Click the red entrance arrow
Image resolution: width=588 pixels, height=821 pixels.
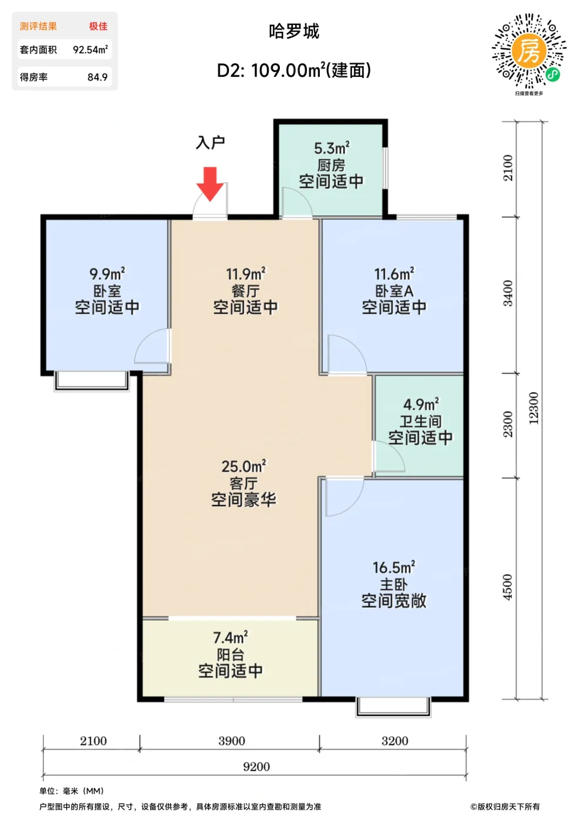click(x=210, y=184)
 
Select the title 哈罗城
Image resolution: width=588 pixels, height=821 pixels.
click(x=294, y=32)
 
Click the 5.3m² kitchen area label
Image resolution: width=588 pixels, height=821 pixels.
click(x=332, y=148)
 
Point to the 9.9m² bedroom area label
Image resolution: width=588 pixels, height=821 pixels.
click(x=107, y=274)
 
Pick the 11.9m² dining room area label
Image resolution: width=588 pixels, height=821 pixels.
click(x=245, y=274)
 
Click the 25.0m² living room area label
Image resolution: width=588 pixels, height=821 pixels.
click(x=244, y=466)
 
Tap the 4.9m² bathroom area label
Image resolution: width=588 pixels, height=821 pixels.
click(x=421, y=404)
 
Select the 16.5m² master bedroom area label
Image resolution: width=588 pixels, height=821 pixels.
click(x=394, y=568)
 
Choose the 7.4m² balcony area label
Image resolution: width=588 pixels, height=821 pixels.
click(x=231, y=638)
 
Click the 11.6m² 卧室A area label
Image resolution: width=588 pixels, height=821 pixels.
click(x=394, y=274)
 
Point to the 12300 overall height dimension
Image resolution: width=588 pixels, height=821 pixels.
click(x=533, y=408)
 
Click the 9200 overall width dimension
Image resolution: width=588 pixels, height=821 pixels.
click(x=256, y=766)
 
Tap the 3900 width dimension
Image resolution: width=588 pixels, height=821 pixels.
click(x=231, y=741)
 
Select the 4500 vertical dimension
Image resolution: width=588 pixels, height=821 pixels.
click(x=507, y=587)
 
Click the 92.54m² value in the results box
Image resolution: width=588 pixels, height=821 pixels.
click(x=90, y=49)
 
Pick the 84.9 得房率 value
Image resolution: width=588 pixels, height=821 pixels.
click(x=97, y=77)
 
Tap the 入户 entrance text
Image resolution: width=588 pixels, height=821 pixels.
click(x=210, y=143)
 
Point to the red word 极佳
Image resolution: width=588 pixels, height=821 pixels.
click(x=99, y=26)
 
